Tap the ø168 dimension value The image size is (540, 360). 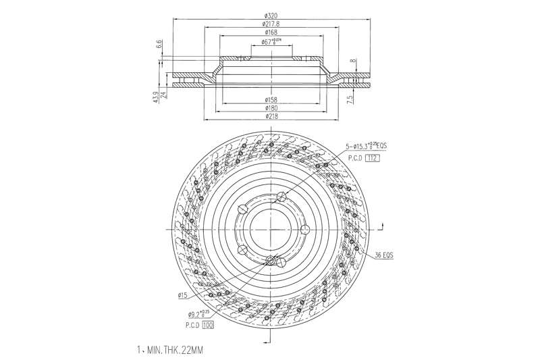(271, 32)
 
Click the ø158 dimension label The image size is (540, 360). (271, 100)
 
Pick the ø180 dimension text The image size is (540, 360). (271, 108)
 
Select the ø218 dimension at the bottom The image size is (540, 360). (271, 117)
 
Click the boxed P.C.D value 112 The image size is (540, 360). (373, 158)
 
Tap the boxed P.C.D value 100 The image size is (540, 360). (207, 325)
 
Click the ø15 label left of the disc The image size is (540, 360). (182, 295)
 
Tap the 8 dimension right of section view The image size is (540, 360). (352, 61)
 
